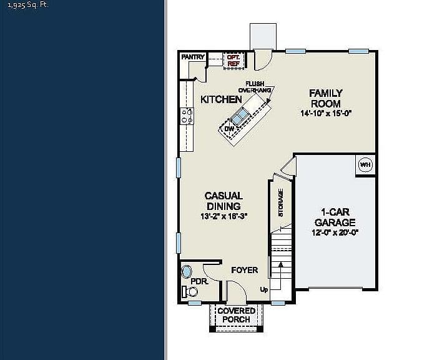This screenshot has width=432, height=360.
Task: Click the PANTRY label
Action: (193, 57)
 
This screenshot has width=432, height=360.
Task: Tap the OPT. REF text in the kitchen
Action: (233, 61)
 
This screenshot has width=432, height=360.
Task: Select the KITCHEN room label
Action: (221, 99)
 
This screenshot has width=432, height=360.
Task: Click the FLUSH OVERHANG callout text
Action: (255, 87)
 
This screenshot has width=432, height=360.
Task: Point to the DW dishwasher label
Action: (229, 129)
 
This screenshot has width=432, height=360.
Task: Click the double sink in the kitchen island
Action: (239, 116)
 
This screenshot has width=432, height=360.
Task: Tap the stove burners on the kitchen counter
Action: (187, 116)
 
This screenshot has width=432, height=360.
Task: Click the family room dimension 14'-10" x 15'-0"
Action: (326, 113)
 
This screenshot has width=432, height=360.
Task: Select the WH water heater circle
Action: (365, 165)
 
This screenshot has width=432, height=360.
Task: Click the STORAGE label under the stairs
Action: (281, 202)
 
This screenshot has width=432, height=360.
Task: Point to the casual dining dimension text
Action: (223, 216)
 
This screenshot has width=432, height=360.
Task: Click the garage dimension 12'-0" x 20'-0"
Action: (335, 232)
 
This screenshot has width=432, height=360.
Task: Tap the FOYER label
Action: (245, 270)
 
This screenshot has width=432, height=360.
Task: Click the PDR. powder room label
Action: (200, 282)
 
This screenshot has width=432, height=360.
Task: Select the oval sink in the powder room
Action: (187, 272)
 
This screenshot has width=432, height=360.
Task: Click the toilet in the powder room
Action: (190, 292)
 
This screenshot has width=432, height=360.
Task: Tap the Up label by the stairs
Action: (264, 289)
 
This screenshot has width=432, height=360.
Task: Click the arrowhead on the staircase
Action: (280, 264)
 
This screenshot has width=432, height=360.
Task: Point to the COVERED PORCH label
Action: (237, 315)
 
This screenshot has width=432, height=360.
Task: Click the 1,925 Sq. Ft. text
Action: (28, 5)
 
